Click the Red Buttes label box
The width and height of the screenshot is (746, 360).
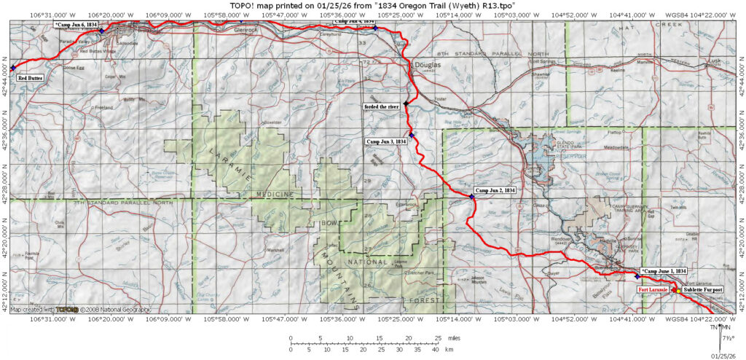click(30, 77)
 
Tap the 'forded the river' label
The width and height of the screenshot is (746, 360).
click(382, 106)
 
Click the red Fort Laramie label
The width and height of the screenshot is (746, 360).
click(653, 290)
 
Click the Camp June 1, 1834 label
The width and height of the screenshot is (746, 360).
click(663, 271)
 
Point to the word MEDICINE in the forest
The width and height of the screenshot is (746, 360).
click(274, 194)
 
